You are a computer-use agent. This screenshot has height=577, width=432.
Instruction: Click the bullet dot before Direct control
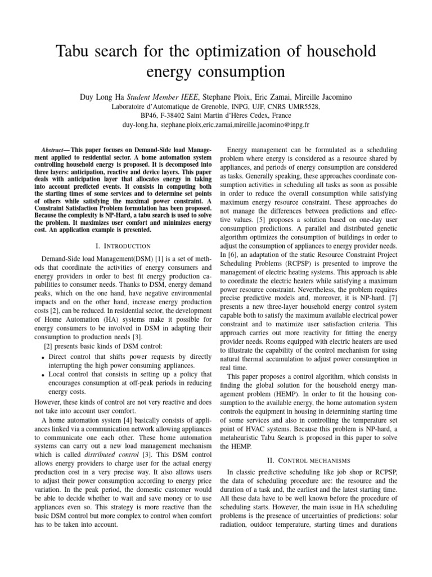click(x=44, y=358)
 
